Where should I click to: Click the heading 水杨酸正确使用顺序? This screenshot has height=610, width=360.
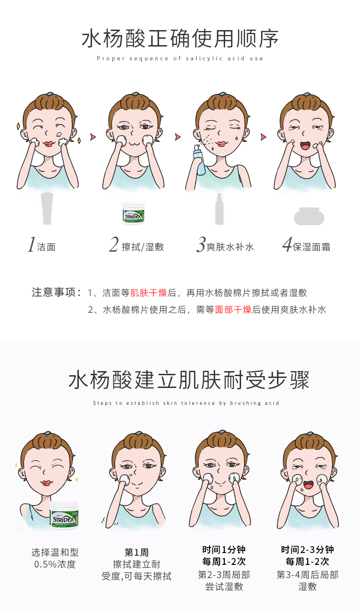pos(180,39)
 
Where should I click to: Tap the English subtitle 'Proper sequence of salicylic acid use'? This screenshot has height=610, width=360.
pos(180,58)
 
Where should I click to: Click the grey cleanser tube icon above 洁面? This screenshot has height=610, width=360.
pos(47,208)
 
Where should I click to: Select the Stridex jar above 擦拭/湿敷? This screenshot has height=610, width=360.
pos(134,213)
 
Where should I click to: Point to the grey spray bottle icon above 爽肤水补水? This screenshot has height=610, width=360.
pos(219,209)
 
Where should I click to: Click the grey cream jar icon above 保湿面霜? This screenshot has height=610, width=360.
pos(309,216)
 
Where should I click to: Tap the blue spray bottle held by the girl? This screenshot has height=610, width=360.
pos(199,160)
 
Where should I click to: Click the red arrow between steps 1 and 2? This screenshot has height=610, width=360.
pos(93,137)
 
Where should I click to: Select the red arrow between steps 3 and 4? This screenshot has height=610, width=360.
pos(263,137)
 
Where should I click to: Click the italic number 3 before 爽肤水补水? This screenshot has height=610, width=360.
pos(201,244)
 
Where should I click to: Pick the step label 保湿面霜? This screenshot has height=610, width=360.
pos(312,247)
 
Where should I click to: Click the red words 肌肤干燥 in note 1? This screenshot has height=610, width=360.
pos(149,293)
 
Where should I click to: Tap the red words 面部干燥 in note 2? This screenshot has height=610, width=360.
pos(233,310)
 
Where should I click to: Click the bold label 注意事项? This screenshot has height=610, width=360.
pos(53,292)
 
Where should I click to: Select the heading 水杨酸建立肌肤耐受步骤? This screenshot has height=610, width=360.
pos(189,380)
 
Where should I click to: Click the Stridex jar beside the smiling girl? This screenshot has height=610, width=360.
pos(64,516)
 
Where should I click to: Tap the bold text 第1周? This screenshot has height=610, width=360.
pos(137,553)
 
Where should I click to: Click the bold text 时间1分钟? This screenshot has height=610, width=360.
pos(224,549)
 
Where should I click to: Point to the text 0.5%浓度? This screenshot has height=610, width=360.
pos(55,564)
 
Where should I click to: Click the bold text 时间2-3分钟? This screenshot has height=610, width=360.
pos(308,549)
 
